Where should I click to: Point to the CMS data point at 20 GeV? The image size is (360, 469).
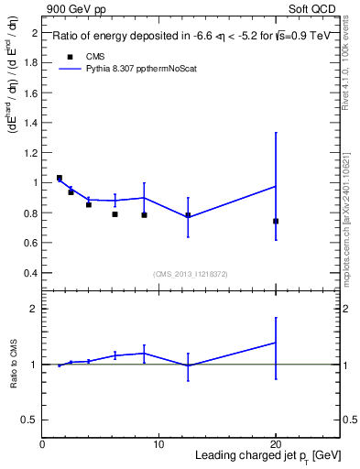276,221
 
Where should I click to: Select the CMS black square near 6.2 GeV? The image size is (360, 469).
115,214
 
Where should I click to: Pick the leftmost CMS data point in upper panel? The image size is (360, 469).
60,178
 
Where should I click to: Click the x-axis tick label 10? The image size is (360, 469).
158,445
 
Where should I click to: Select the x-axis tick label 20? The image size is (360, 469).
275,445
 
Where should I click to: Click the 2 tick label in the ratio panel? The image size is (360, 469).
35,310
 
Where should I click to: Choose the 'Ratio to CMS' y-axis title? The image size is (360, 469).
14,365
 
